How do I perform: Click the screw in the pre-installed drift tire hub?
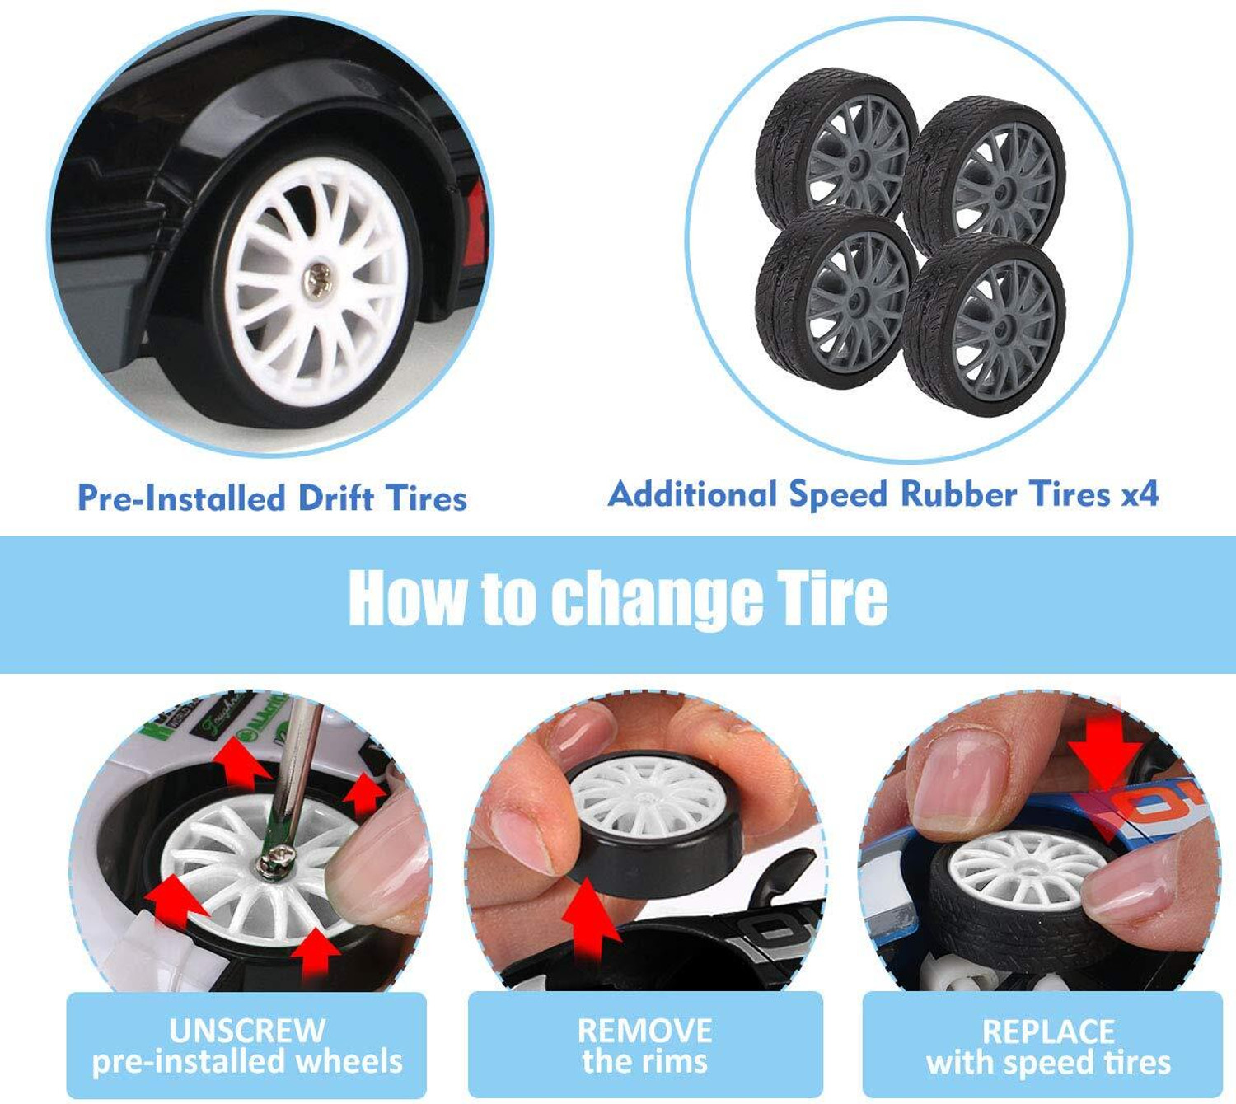(317, 280)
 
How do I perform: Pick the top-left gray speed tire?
(835, 147)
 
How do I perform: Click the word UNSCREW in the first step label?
(247, 1030)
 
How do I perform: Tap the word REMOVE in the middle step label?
(645, 1030)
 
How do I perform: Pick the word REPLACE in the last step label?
(1049, 1031)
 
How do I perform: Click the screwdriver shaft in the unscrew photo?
(295, 774)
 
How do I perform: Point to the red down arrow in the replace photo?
(1105, 752)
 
